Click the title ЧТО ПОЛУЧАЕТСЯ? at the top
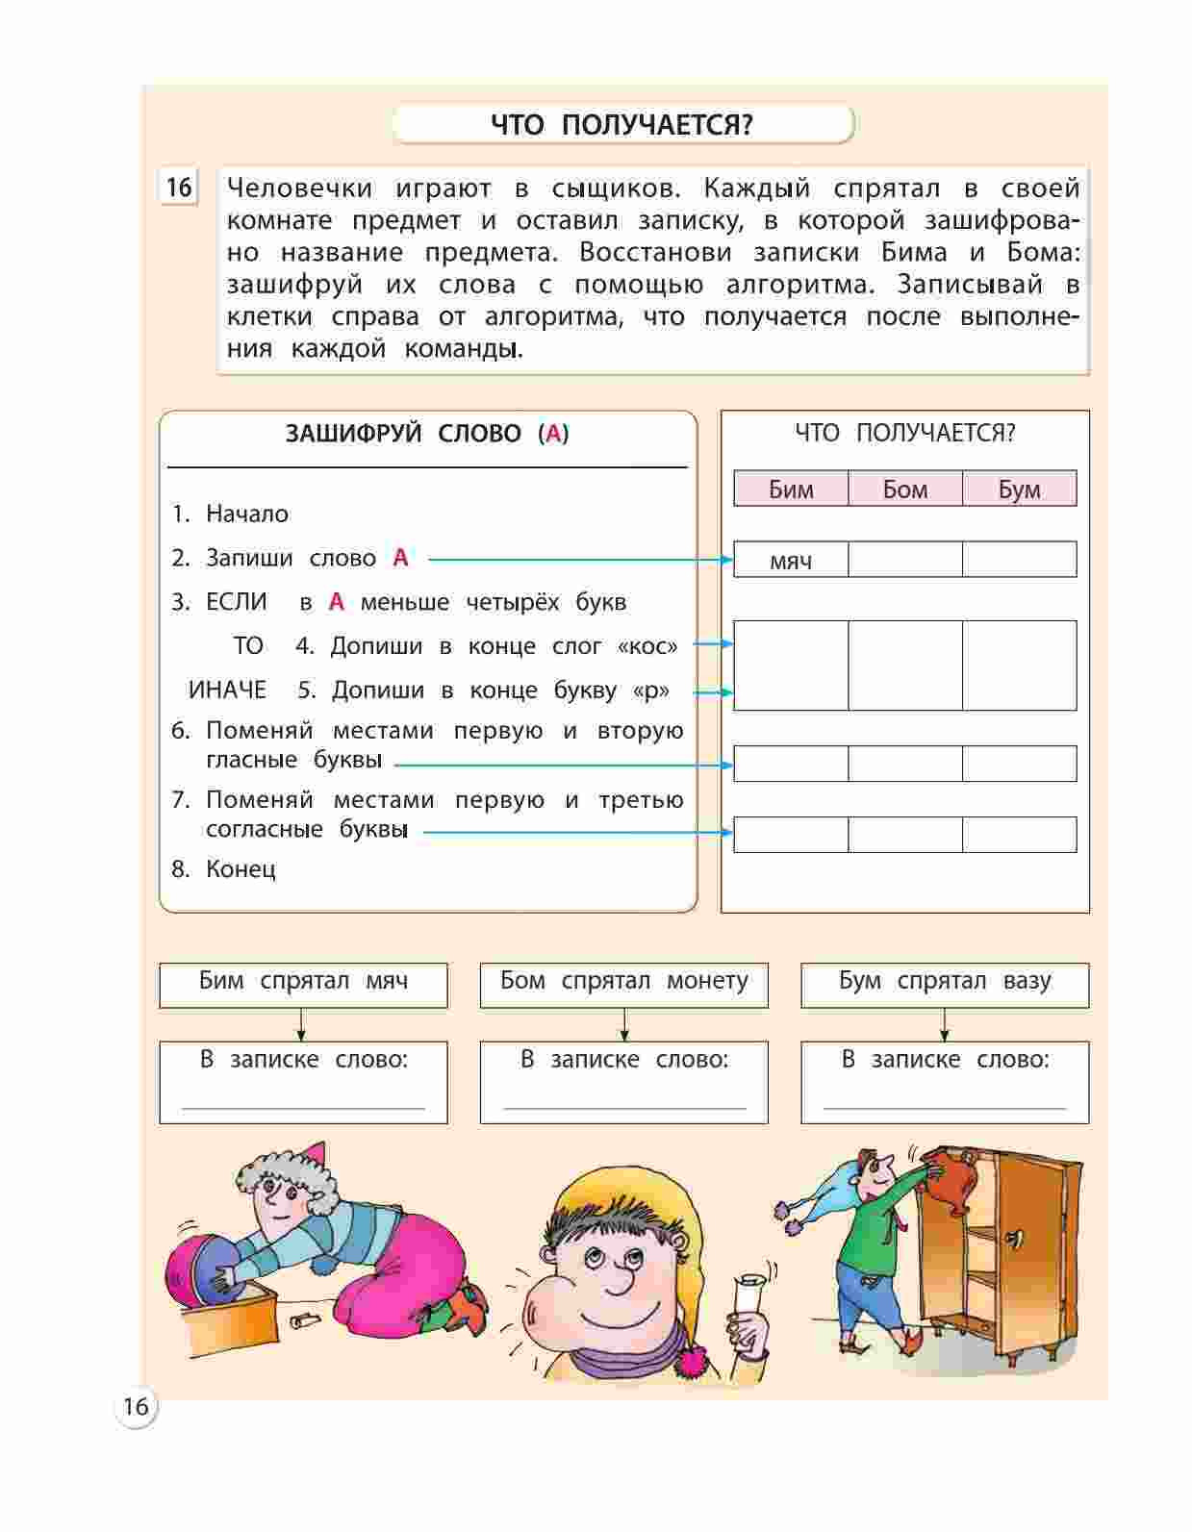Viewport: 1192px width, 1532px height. pyautogui.click(x=622, y=125)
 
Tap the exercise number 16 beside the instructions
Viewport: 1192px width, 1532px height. pyautogui.click(x=179, y=187)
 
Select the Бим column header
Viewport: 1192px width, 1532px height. pyautogui.click(x=791, y=490)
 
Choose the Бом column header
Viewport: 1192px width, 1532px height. pyautogui.click(x=905, y=490)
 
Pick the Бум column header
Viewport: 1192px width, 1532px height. pyautogui.click(x=1019, y=490)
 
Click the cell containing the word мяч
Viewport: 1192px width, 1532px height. pyautogui.click(x=791, y=561)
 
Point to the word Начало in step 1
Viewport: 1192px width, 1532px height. pyautogui.click(x=247, y=515)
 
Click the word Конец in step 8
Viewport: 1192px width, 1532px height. pyautogui.click(x=241, y=869)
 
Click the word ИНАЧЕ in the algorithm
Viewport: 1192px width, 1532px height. pyautogui.click(x=227, y=691)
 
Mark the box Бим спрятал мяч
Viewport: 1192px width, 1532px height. pyautogui.click(x=303, y=983)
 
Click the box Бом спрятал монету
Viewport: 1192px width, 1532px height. pyautogui.click(x=623, y=983)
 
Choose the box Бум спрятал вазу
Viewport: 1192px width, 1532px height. pyautogui.click(x=945, y=983)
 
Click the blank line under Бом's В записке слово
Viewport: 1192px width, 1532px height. pyautogui.click(x=623, y=1106)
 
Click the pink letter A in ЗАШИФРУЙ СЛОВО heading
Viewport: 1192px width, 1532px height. pyautogui.click(x=553, y=434)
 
